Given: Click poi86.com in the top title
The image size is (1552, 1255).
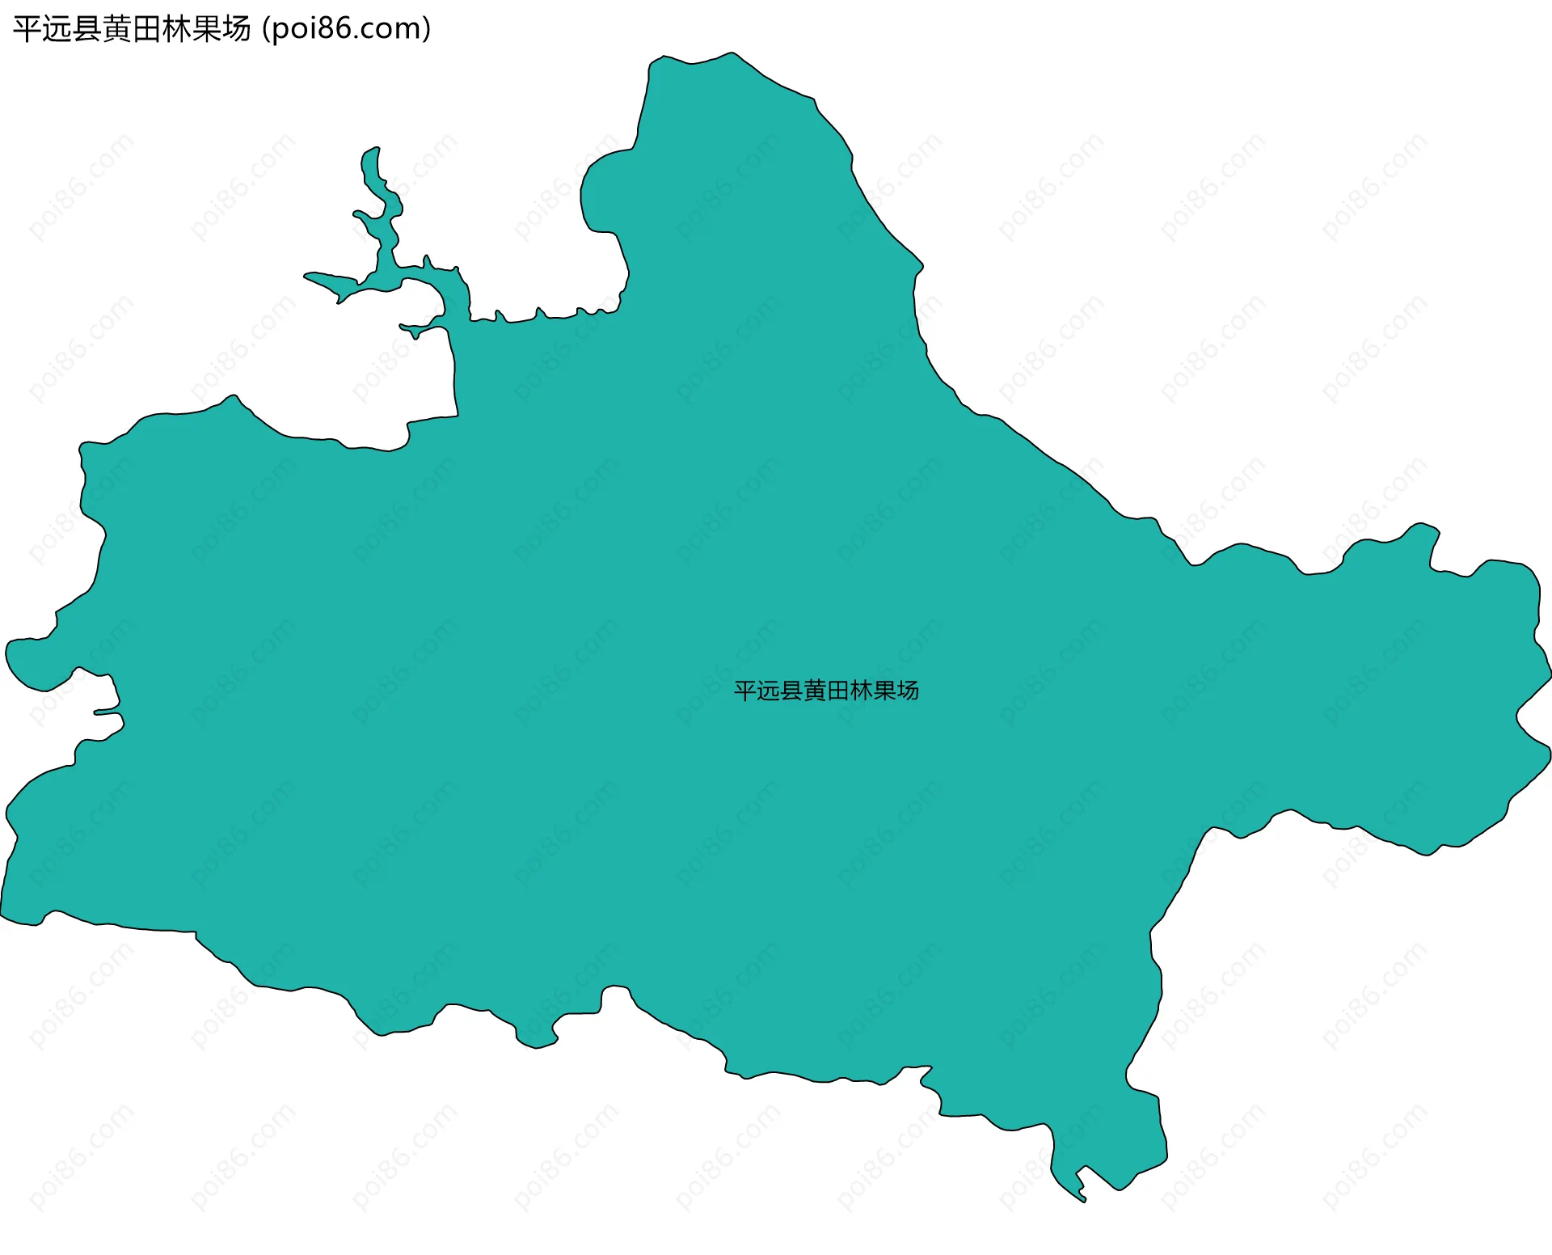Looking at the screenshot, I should [x=347, y=29].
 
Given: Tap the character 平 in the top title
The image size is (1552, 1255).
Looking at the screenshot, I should [x=27, y=29].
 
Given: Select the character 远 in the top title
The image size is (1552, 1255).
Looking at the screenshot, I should [x=57, y=29].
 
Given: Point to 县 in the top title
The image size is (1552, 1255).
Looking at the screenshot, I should [x=87, y=29].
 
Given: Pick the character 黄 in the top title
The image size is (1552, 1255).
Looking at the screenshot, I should [x=117, y=29].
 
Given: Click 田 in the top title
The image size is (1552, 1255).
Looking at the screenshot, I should [x=147, y=29].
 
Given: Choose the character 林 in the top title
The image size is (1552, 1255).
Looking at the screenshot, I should [x=177, y=29].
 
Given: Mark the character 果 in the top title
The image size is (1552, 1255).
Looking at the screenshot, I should [x=207, y=29].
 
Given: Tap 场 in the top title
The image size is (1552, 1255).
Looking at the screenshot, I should [x=237, y=29].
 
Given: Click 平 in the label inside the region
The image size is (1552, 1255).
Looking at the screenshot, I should [x=745, y=691].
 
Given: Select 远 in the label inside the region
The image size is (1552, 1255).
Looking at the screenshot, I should [x=769, y=691].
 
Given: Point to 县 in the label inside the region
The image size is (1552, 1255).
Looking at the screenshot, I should [x=792, y=691].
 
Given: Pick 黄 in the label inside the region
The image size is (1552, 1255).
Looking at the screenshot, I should [x=815, y=691].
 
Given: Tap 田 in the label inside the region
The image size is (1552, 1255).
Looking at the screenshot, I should [x=838, y=691].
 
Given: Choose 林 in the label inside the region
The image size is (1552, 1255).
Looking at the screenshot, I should [x=862, y=691].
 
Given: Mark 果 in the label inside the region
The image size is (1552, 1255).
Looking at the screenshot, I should [x=884, y=691].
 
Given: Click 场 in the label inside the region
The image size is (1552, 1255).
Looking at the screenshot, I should [x=908, y=691].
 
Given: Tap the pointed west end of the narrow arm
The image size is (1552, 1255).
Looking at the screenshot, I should [x=306, y=277].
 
